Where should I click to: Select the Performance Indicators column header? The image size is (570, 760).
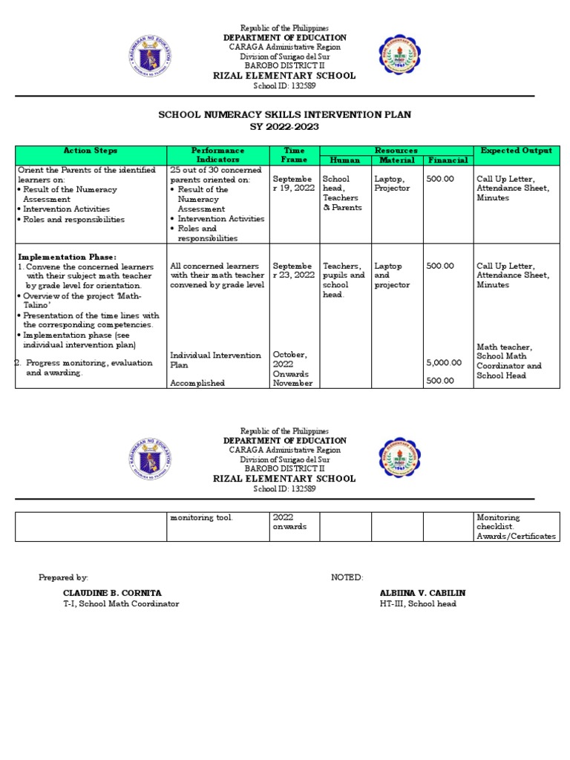tap(217, 155)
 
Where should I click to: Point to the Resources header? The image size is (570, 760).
tap(396, 151)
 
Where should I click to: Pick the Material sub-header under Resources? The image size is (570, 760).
tap(397, 160)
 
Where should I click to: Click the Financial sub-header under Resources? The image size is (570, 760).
tap(448, 160)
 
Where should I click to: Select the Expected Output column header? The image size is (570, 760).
tap(516, 151)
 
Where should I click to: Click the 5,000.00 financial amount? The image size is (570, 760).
tap(444, 363)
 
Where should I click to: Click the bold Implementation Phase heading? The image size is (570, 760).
tap(67, 257)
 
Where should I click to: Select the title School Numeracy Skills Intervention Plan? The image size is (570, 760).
tap(285, 115)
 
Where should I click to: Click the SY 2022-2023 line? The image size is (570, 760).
tap(285, 127)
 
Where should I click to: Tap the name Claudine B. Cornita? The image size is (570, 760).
tap(112, 593)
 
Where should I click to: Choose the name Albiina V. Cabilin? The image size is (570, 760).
tap(422, 593)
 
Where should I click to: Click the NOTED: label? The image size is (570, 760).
tap(347, 577)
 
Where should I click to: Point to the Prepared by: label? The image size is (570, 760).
tap(63, 577)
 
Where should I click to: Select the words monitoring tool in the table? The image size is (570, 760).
tap(201, 517)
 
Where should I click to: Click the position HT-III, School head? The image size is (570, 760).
tap(418, 604)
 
